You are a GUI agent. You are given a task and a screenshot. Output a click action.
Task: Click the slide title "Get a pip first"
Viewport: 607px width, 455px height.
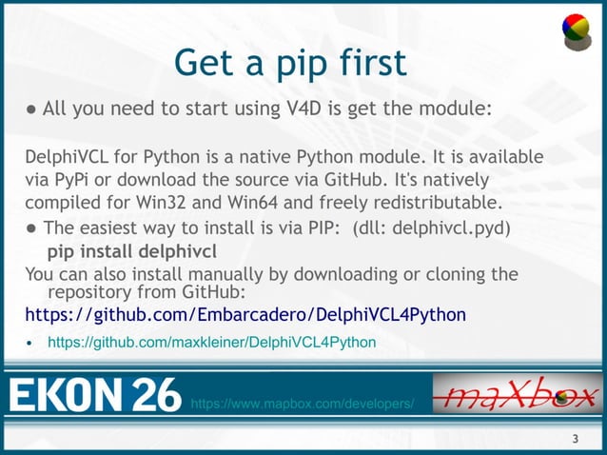[290, 63]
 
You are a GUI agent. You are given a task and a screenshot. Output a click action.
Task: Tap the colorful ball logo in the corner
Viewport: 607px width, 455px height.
[576, 30]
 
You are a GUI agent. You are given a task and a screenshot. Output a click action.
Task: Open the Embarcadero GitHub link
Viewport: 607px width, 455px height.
[245, 314]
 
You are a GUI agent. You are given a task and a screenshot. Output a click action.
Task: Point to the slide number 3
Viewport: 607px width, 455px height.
[575, 439]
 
